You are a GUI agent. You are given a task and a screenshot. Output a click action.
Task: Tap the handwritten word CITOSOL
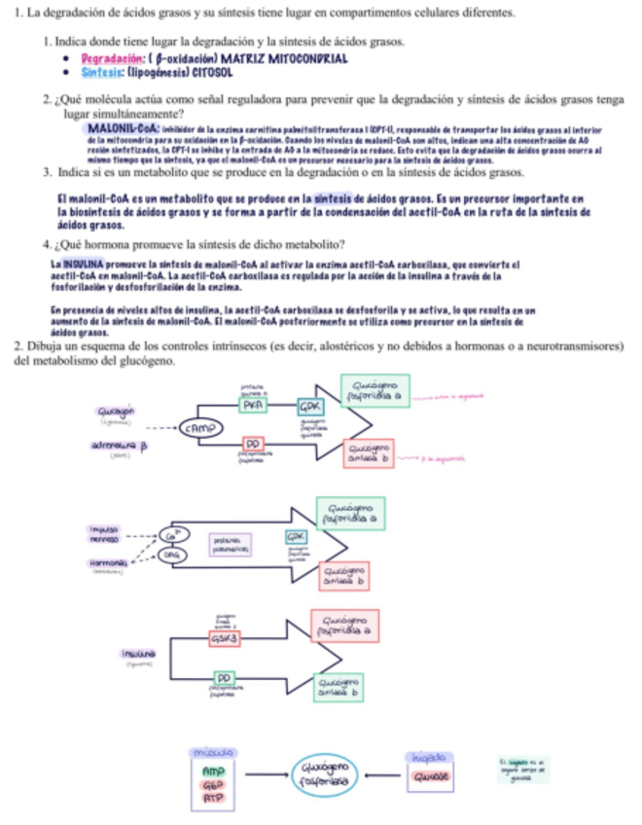click(206, 71)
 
